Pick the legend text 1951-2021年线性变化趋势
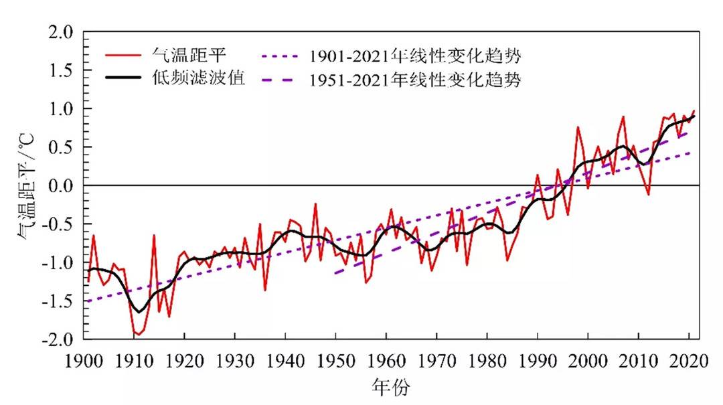414,80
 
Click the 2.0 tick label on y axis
62,31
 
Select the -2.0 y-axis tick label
59,339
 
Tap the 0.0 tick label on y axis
62,185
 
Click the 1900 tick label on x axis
84,359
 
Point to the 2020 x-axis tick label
688,359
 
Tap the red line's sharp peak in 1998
578,127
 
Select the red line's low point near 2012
648,194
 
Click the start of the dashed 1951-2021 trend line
335,273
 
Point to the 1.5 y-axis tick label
62,70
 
